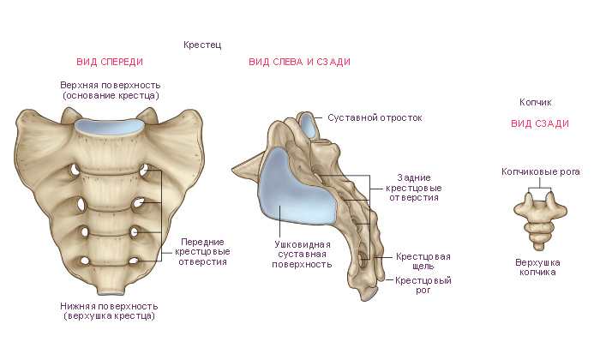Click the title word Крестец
point(202,44)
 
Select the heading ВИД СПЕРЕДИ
point(110,62)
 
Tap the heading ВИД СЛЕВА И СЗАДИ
point(299,62)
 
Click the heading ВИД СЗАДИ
point(540,123)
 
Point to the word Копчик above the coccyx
point(536,102)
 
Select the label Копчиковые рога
point(541,171)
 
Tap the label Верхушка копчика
point(536,267)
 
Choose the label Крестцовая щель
point(423,261)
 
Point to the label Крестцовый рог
point(423,285)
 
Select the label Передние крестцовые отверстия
point(202,252)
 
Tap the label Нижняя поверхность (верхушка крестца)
point(108,310)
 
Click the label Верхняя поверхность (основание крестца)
point(111,90)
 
